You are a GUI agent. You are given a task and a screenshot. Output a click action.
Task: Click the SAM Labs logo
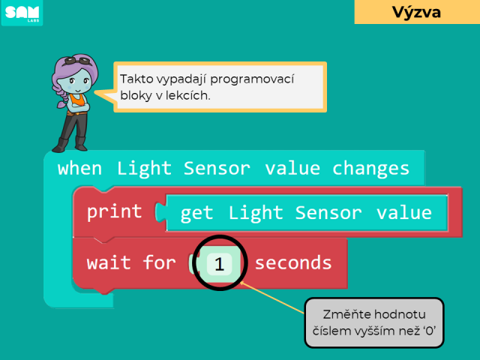click(x=22, y=13)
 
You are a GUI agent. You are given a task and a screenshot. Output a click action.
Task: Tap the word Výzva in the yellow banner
click(x=417, y=12)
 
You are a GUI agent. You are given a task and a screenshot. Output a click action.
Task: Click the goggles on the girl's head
click(x=78, y=61)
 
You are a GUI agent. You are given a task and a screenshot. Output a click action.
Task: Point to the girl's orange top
click(x=77, y=100)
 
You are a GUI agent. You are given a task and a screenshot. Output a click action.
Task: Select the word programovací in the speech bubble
click(x=252, y=79)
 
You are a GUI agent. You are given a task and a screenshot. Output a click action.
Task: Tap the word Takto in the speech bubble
click(x=136, y=79)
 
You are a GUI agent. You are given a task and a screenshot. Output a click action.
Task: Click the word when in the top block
click(x=79, y=169)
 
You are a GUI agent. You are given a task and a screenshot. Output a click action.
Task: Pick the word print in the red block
click(x=115, y=212)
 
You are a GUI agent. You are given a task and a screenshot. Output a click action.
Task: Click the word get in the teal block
click(x=196, y=214)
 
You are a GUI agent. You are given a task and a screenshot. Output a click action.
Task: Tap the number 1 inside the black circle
click(x=219, y=264)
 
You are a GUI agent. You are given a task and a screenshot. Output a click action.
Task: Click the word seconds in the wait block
click(x=293, y=263)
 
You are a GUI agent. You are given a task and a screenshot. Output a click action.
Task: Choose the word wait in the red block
click(x=109, y=263)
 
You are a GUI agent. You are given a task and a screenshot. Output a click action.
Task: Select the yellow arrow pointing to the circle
click(x=271, y=298)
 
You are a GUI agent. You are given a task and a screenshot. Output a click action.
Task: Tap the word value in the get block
click(x=404, y=213)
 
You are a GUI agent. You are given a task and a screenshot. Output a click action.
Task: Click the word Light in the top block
click(x=144, y=169)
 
